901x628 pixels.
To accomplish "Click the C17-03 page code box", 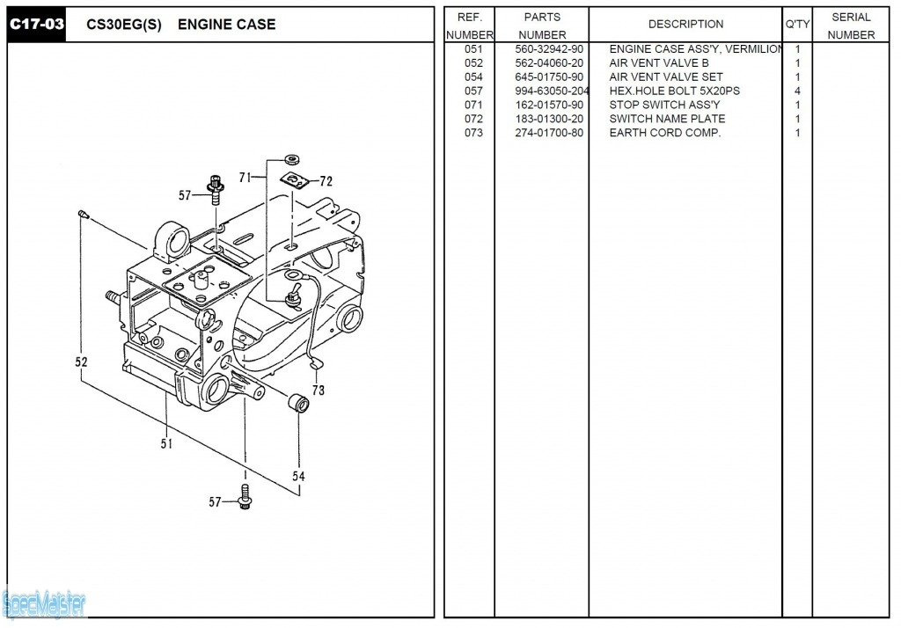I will (37, 24).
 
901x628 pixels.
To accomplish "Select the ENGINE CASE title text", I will (226, 25).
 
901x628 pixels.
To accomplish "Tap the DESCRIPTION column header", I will (685, 25).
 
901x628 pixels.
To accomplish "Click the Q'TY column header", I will (796, 25).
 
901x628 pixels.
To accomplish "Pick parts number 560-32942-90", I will (549, 49).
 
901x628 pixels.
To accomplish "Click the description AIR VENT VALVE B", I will (658, 63).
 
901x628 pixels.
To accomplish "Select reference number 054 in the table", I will (473, 77).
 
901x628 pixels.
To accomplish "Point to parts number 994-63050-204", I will (552, 91).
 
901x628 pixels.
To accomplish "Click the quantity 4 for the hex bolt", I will (797, 91).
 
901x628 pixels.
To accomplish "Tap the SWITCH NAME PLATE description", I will (667, 120).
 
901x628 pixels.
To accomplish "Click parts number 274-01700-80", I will (549, 134).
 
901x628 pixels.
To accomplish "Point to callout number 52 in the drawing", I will (81, 361).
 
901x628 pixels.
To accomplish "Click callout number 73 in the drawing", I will (318, 390).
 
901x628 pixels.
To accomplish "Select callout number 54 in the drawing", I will (299, 476).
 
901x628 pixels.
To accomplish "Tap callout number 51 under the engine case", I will (166, 444).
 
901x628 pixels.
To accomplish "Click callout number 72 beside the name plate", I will (326, 182).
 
